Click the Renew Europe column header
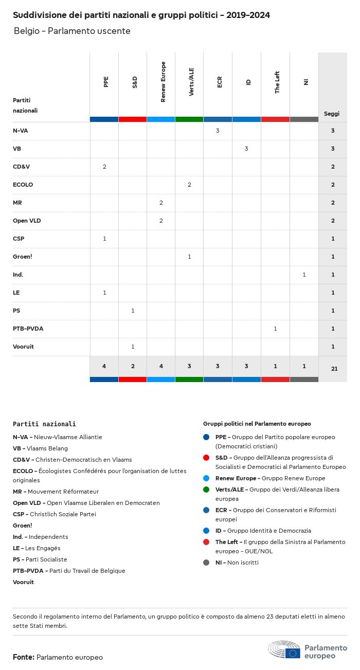tap(163, 82)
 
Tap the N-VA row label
tap(21, 131)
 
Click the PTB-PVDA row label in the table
tap(28, 329)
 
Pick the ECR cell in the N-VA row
tap(218, 131)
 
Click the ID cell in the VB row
tap(246, 149)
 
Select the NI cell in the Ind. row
tap(304, 275)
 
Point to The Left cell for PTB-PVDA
tap(275, 329)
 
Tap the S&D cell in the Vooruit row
tap(133, 347)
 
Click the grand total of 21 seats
tap(334, 368)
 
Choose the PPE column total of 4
tap(104, 366)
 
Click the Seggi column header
tap(332, 114)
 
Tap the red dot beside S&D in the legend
tap(206, 458)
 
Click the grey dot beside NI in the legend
tap(206, 563)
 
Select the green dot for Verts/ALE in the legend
tap(206, 490)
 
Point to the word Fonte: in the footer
tap(24, 657)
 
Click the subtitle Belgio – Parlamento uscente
tap(72, 31)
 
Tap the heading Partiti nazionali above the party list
tap(44, 424)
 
